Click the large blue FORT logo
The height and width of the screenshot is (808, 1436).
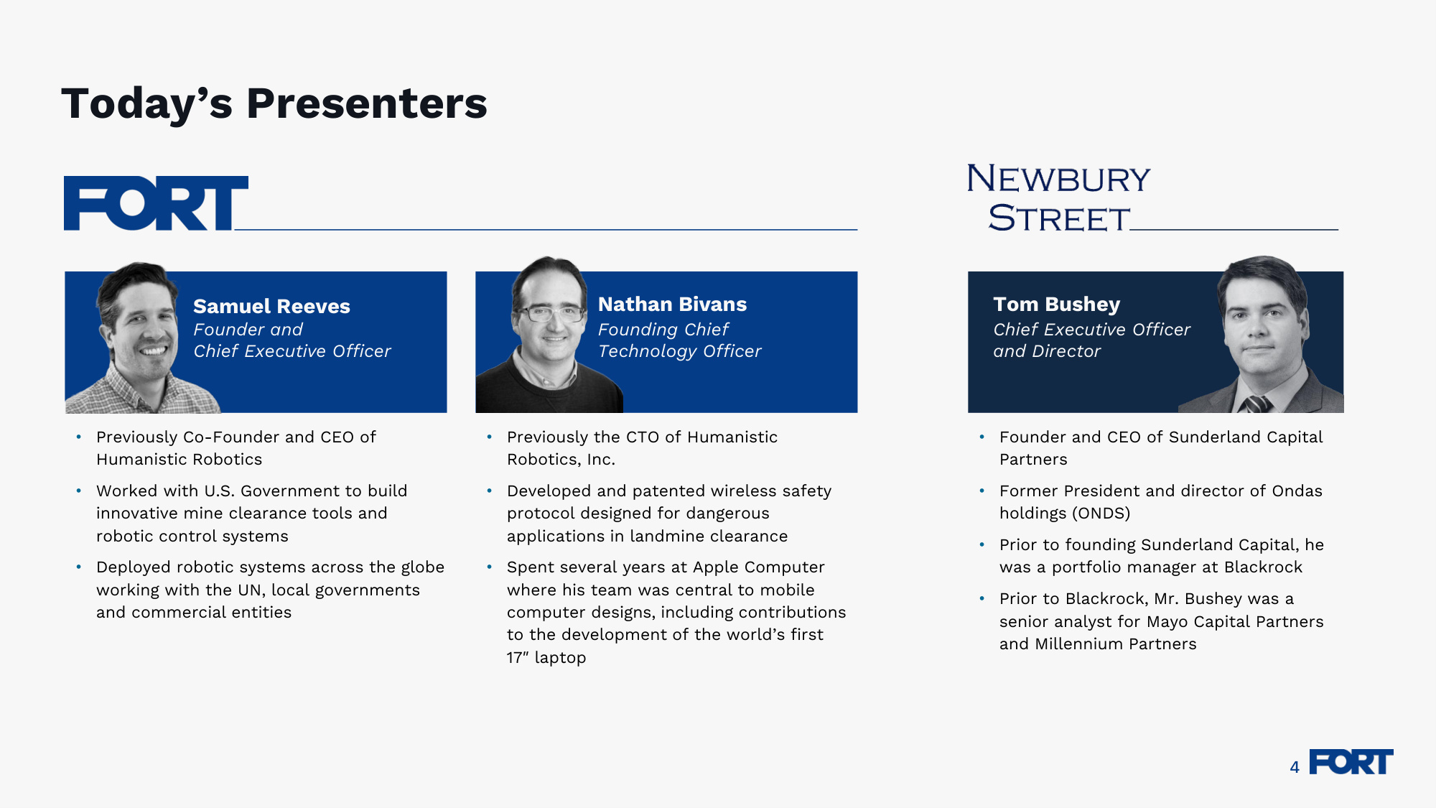click(x=156, y=203)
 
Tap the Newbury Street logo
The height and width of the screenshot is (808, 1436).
click(x=1059, y=198)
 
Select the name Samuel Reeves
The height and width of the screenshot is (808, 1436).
click(x=271, y=307)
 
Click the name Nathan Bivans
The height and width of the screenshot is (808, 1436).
click(x=672, y=305)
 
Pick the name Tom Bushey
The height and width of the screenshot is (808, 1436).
click(x=1056, y=305)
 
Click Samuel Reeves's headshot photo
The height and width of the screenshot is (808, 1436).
click(x=144, y=338)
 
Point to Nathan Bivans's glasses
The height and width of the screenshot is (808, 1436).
click(x=551, y=313)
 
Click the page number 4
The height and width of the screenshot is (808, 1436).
click(x=1295, y=767)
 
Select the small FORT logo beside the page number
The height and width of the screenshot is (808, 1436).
click(x=1351, y=762)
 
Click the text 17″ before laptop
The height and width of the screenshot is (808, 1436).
click(x=518, y=658)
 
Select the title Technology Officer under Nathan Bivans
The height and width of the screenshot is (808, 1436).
click(x=679, y=351)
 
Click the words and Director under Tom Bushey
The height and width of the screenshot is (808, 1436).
click(x=1047, y=351)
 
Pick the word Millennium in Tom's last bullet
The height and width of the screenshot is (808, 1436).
click(x=1079, y=644)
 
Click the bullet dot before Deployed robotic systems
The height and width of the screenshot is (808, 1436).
click(x=78, y=567)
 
